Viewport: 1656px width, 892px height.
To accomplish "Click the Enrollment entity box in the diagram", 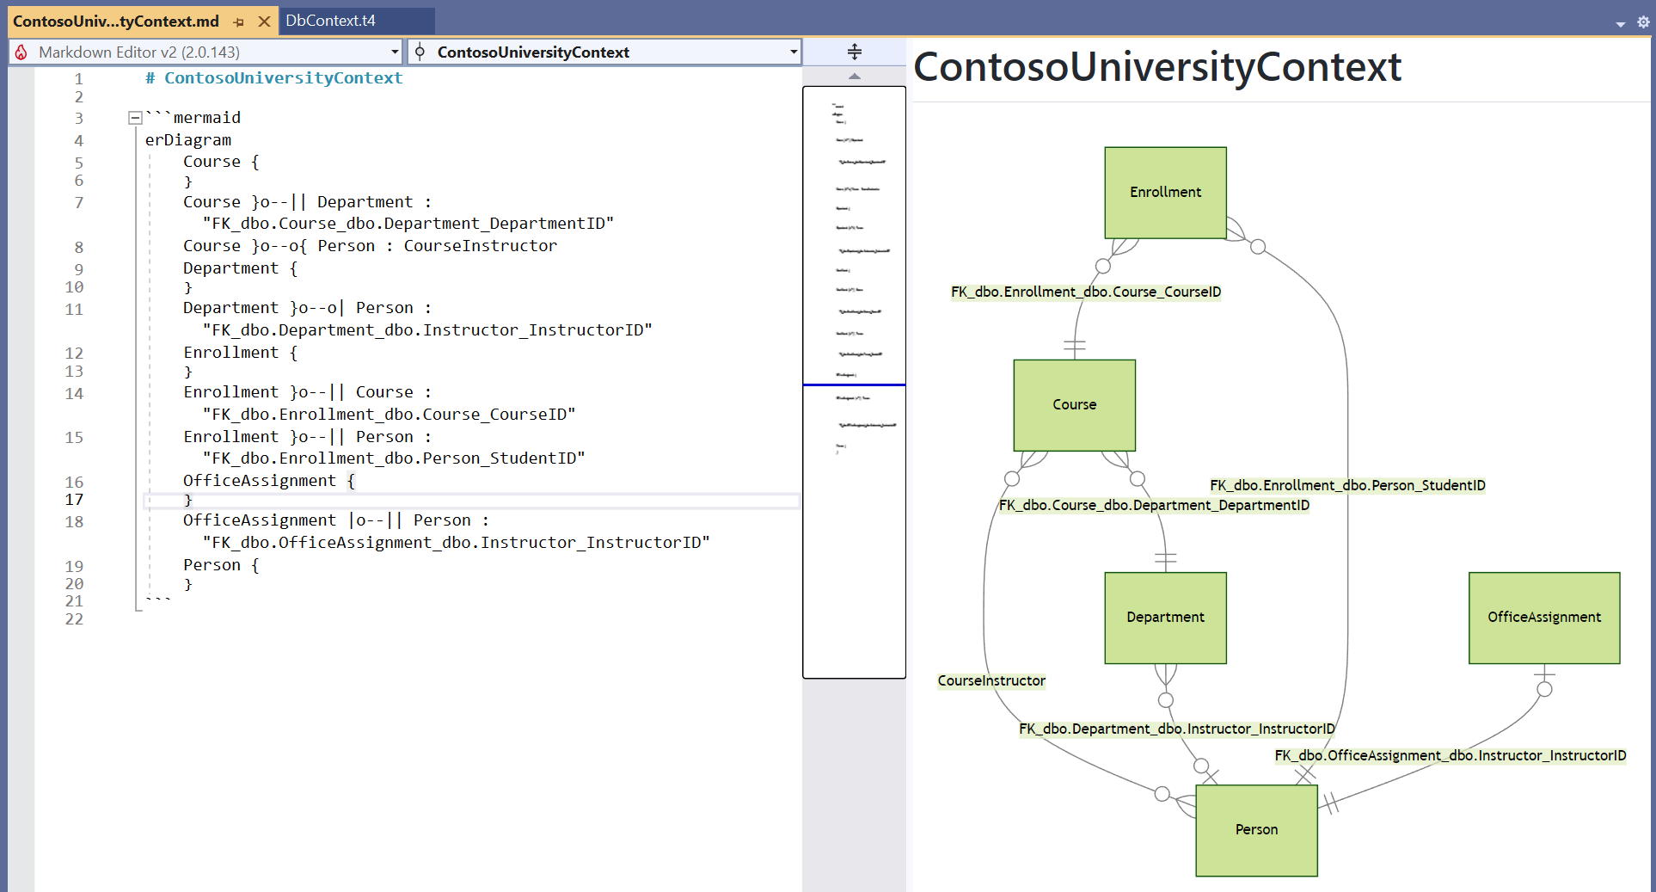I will tap(1165, 192).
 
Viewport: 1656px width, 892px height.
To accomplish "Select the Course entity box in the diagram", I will tap(1074, 404).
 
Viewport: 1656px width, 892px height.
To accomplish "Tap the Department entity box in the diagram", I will tap(1165, 617).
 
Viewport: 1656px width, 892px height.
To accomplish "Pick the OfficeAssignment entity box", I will tap(1543, 617).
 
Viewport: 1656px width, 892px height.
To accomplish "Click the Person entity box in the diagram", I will tap(1256, 829).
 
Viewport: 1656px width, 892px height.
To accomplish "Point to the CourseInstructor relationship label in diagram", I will tap(991, 680).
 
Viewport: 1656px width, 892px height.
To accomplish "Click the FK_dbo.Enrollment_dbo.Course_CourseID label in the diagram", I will tap(1085, 292).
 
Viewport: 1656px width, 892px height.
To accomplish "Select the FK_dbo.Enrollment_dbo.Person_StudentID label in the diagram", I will tap(1346, 485).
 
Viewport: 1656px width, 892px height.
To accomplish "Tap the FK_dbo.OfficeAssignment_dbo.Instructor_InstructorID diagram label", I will tap(1450, 755).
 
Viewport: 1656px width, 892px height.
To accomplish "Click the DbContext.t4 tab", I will tap(330, 21).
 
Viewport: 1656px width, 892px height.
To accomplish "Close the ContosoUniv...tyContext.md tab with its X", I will tap(265, 22).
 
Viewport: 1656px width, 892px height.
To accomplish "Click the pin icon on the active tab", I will tap(239, 22).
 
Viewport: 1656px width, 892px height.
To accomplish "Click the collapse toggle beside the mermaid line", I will tap(135, 118).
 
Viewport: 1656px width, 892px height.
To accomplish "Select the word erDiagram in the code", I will tap(187, 139).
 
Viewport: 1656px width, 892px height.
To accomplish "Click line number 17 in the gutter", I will tap(74, 500).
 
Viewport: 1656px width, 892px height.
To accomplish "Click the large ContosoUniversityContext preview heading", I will tap(1156, 67).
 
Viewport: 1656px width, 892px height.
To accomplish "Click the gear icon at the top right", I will tap(1643, 22).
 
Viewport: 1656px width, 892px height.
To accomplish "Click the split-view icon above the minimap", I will tap(854, 52).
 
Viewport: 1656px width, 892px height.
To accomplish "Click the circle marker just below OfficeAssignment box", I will tap(1544, 689).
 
